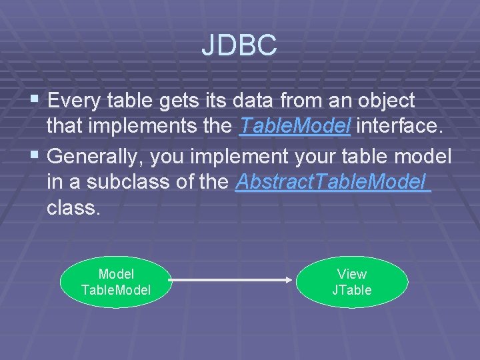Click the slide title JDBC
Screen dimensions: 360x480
(239, 45)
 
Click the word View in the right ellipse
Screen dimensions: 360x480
(351, 274)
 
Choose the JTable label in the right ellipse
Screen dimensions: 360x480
(351, 290)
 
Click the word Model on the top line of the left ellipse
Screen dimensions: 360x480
(116, 274)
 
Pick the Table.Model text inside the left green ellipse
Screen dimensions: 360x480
(116, 290)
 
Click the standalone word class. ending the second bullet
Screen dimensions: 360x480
(73, 208)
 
